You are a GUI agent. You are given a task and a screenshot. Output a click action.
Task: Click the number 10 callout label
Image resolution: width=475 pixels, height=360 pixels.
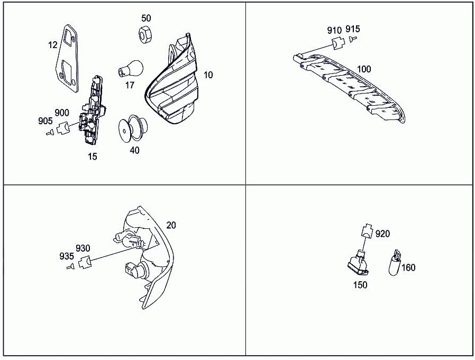click(x=208, y=75)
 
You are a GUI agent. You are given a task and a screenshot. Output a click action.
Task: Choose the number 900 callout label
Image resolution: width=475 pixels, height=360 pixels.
click(x=62, y=113)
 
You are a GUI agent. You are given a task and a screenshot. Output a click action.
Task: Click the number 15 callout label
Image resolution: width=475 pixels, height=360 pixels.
click(x=93, y=156)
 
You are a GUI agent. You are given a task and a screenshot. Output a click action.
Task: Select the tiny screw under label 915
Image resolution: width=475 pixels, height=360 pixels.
click(x=353, y=39)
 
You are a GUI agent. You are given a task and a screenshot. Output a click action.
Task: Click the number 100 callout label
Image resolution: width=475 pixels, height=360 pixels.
click(x=364, y=69)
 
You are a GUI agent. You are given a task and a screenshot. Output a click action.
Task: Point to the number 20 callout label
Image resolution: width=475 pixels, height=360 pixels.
click(x=171, y=225)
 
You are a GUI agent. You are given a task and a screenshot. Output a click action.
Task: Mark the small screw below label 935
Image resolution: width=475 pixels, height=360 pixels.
click(x=69, y=267)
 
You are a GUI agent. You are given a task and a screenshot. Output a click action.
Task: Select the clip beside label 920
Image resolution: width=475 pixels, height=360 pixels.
click(x=366, y=231)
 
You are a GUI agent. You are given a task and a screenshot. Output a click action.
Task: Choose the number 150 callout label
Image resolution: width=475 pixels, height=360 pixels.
click(x=360, y=285)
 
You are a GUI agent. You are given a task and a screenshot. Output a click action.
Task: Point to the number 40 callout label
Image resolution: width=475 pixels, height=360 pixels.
click(x=134, y=150)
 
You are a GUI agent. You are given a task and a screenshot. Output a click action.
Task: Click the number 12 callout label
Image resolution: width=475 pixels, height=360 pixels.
click(x=52, y=45)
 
